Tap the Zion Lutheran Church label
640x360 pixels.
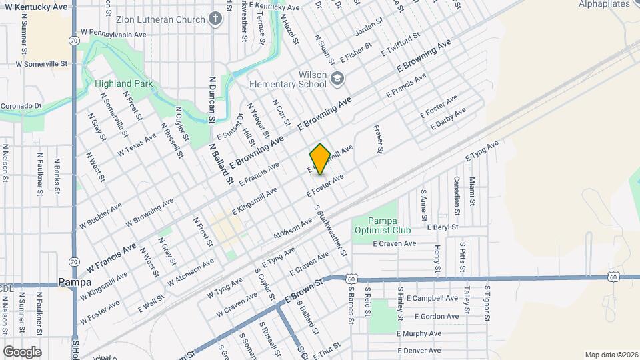click(x=161, y=19)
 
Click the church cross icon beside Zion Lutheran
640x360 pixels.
click(x=215, y=19)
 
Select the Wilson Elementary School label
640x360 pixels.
click(x=288, y=79)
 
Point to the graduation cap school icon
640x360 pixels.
click(x=338, y=80)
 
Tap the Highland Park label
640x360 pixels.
click(x=123, y=84)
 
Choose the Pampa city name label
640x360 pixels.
click(x=74, y=282)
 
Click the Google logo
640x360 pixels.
click(x=21, y=351)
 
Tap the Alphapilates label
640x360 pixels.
click(x=603, y=4)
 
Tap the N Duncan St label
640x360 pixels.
click(x=213, y=98)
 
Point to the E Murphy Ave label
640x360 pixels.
click(x=419, y=333)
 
